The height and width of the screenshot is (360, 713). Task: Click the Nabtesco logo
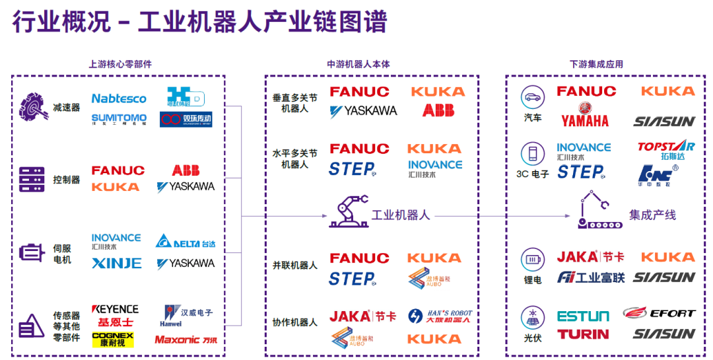(119, 98)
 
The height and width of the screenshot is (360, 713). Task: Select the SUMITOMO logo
(119, 118)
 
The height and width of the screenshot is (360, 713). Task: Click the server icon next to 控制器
(32, 179)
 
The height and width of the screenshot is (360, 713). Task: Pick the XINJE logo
(116, 263)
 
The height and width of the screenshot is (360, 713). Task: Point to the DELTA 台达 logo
(186, 243)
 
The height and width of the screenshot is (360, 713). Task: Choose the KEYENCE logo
(115, 309)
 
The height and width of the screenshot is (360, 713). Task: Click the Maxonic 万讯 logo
(186, 340)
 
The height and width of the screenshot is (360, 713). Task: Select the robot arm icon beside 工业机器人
(348, 212)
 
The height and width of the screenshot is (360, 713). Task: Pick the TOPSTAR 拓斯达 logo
(665, 151)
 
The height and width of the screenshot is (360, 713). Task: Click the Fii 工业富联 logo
(590, 277)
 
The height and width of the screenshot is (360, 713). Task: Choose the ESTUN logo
(583, 316)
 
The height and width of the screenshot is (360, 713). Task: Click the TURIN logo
(583, 334)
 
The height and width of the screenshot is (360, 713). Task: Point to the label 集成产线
(652, 215)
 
